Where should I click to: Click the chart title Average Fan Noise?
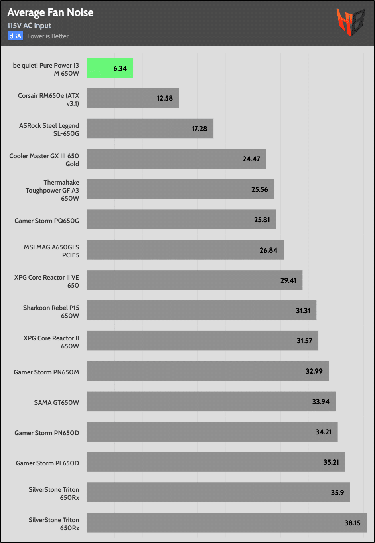click(50, 13)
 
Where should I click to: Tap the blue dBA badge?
click(15, 36)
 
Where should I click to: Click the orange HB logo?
click(350, 22)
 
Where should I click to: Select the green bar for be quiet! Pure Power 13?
click(110, 68)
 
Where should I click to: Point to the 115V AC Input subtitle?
click(29, 26)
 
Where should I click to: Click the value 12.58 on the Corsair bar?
click(164, 98)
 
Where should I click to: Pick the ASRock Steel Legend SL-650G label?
click(49, 129)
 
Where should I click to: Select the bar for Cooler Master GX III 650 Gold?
click(176, 159)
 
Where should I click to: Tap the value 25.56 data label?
click(259, 189)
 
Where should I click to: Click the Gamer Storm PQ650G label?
click(47, 221)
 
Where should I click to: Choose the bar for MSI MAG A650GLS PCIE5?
click(185, 250)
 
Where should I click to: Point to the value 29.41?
click(288, 280)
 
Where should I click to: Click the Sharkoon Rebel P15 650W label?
click(51, 312)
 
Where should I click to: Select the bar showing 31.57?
click(202, 341)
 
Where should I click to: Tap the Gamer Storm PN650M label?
click(46, 372)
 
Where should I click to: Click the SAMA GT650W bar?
click(211, 402)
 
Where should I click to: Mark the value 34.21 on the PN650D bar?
click(323, 432)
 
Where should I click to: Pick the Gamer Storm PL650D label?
click(47, 463)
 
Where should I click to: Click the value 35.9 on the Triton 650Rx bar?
click(337, 493)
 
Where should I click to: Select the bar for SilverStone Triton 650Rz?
click(226, 523)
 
